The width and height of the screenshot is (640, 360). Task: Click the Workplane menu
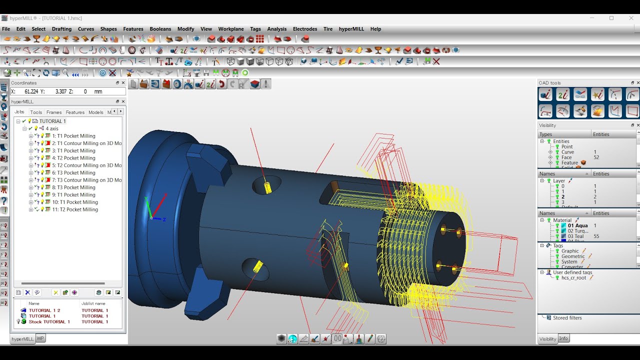(231, 29)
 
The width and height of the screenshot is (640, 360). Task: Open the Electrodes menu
(305, 29)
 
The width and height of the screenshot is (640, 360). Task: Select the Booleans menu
(160, 29)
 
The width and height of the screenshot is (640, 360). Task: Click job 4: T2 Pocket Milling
(73, 158)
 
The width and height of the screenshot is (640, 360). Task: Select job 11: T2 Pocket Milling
(75, 209)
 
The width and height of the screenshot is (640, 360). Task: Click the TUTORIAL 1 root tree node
(52, 121)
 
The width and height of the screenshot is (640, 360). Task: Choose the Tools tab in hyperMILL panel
(36, 112)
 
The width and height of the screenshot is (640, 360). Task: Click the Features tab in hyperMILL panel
(75, 112)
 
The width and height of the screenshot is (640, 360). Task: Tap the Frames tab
(54, 112)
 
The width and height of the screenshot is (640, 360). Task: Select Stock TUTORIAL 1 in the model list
(49, 321)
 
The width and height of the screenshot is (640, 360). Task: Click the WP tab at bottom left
(40, 338)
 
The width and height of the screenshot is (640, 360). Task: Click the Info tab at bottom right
(563, 338)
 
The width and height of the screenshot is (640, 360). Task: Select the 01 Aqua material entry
(577, 225)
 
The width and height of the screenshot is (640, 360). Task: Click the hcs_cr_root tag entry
(573, 277)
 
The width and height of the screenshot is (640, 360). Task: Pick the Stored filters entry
(567, 317)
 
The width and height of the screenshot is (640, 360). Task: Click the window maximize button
(611, 18)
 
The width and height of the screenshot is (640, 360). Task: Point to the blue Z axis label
(164, 219)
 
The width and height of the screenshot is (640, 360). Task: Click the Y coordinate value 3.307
(60, 91)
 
